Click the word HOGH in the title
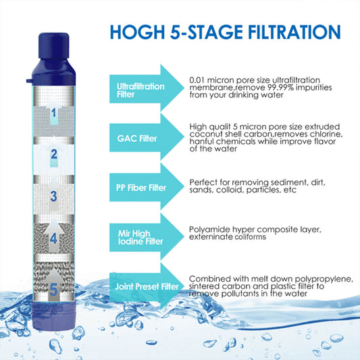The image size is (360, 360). pos(137,32)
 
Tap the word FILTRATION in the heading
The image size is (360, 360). pos(294,32)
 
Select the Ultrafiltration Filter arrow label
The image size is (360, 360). pos(140,91)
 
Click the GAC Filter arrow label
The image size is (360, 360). pos(137,138)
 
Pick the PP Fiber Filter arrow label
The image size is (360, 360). pos(141,188)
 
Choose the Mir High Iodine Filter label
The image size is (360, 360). pos(140,237)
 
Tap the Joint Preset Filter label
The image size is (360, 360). pos(147,286)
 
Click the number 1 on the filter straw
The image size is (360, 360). pos(54,113)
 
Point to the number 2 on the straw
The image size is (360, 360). pos(54,154)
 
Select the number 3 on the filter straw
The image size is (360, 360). pos(54,197)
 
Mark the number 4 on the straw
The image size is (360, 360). pos(53,238)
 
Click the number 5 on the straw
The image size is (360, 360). pos(53,290)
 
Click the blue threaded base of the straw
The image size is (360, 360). pos(54,316)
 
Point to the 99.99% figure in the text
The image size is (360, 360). pos(280,88)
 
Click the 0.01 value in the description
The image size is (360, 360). pos(197,80)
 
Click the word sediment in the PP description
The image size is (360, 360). pos(289,182)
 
